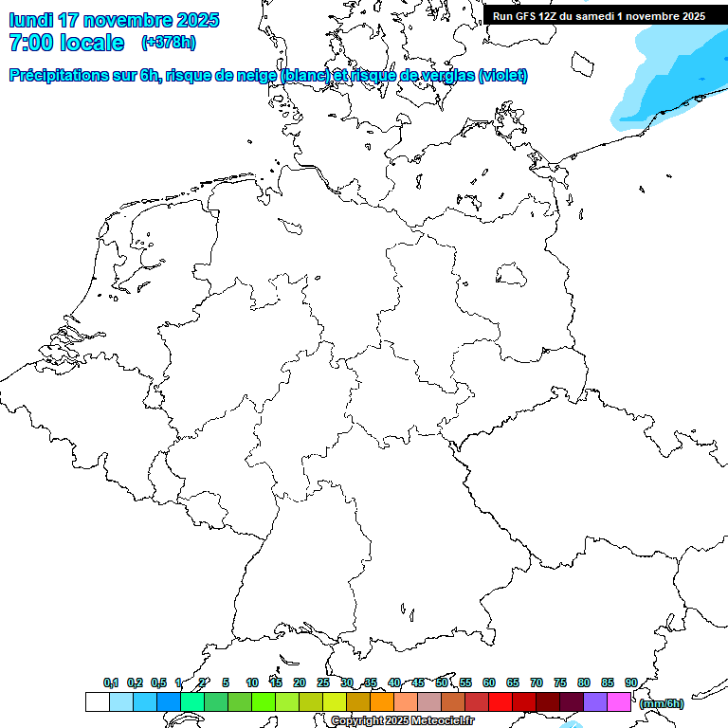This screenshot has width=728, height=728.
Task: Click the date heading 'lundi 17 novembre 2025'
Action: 114,20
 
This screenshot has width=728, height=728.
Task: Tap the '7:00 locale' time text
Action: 66,43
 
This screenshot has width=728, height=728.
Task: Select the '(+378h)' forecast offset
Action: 169,43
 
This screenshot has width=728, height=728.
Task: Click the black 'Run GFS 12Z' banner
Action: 599,15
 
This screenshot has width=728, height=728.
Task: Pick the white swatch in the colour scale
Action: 97,702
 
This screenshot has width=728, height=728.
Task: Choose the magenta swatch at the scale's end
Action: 619,702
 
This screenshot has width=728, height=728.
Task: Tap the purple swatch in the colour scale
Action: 595,702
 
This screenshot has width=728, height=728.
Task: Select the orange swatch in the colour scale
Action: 381,702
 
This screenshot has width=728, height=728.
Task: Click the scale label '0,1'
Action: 111,682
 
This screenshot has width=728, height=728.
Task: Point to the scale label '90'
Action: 631,682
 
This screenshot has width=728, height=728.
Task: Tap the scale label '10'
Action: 252,682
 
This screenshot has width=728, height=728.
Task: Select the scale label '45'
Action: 418,682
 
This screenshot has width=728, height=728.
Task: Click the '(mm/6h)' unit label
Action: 662,703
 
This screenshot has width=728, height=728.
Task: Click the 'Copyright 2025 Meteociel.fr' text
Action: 402,721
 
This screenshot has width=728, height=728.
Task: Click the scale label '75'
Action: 560,682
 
